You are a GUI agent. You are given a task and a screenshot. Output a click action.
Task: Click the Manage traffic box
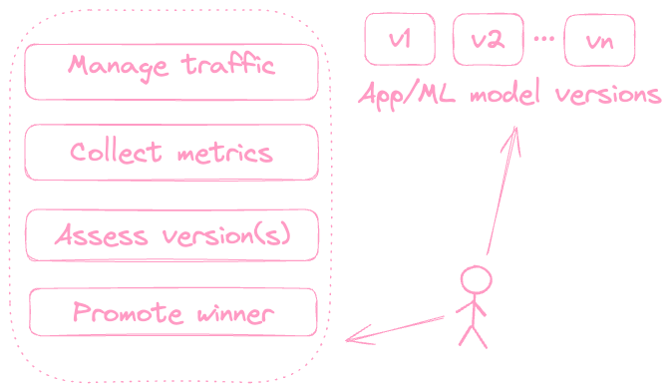click(x=171, y=72)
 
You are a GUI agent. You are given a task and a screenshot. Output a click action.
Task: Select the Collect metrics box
click(x=171, y=153)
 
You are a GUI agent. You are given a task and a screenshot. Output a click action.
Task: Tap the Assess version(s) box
click(x=171, y=235)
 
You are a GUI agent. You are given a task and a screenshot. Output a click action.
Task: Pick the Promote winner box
click(x=172, y=312)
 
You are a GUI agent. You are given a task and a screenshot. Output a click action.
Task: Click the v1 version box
click(x=400, y=39)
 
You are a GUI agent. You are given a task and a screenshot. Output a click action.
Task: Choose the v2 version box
click(x=489, y=39)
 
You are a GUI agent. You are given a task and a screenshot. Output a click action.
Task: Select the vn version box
click(x=599, y=40)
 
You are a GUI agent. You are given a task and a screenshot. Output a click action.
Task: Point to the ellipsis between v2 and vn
click(x=544, y=39)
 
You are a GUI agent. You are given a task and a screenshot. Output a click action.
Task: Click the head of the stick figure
click(x=476, y=280)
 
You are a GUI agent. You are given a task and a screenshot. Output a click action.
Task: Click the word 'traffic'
click(x=228, y=65)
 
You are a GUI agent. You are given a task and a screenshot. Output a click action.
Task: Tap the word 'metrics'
click(x=225, y=153)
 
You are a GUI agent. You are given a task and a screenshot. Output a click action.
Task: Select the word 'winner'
click(x=235, y=314)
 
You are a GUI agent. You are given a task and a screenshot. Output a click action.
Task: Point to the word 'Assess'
click(x=102, y=234)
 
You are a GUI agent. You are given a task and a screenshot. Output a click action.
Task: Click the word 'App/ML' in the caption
click(x=407, y=95)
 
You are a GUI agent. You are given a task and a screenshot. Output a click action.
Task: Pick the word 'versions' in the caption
click(x=608, y=95)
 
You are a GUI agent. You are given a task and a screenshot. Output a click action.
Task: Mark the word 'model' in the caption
click(x=504, y=92)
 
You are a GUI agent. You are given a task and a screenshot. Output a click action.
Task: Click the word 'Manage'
click(x=118, y=67)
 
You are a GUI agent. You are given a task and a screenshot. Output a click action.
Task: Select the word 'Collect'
click(x=116, y=152)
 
